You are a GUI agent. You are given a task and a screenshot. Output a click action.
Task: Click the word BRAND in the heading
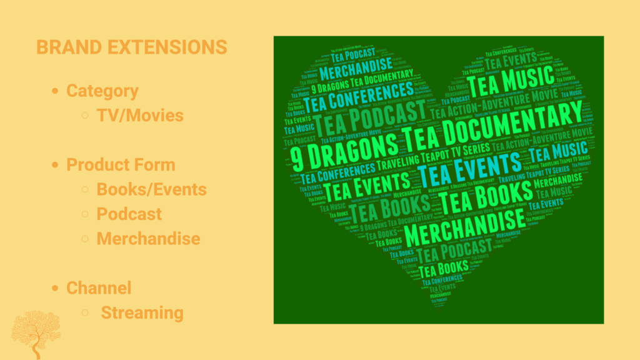click(62, 47)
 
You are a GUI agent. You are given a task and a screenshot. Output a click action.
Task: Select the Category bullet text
click(102, 91)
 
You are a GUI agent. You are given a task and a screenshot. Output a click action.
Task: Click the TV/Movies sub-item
click(140, 116)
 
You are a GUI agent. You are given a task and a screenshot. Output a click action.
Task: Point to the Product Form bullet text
click(121, 165)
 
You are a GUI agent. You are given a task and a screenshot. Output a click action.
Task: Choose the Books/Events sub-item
click(151, 189)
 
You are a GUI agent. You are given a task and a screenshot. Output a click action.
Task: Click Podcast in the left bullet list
click(129, 214)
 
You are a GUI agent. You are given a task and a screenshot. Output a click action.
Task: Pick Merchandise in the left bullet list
click(148, 239)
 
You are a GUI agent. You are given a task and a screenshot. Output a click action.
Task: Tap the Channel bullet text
click(99, 288)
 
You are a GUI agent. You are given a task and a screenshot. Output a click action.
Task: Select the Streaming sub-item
click(142, 312)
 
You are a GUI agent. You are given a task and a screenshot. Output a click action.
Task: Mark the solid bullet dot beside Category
click(55, 91)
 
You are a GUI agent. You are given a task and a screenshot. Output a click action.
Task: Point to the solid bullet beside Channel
click(55, 288)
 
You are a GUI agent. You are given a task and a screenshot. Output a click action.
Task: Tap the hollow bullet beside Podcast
click(86, 214)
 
